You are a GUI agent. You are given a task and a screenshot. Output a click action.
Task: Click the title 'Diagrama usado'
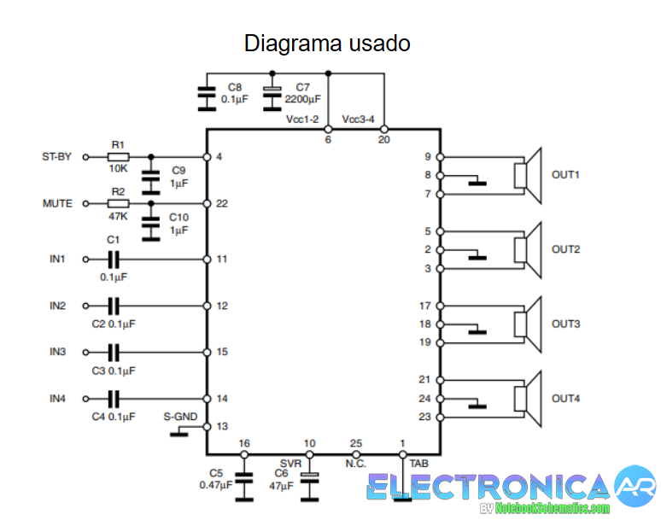[327, 43]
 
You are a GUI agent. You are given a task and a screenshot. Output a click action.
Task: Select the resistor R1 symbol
[118, 157]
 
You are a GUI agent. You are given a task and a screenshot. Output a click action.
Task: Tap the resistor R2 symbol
[118, 204]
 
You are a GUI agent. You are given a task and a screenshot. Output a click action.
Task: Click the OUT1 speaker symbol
[528, 175]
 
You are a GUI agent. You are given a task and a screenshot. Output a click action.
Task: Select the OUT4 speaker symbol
[528, 399]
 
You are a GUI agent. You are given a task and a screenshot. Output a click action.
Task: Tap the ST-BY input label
[57, 157]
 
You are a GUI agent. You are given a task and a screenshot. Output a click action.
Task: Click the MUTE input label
[57, 204]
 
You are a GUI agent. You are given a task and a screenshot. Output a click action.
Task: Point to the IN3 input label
[57, 352]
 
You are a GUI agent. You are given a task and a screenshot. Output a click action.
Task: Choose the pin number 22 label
[222, 204]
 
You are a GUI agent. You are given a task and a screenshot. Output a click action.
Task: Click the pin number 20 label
[383, 139]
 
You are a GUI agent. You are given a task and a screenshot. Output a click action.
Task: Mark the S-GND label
[180, 417]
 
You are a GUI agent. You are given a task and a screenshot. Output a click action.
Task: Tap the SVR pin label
[290, 464]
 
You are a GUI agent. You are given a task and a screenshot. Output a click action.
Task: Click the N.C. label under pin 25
[356, 464]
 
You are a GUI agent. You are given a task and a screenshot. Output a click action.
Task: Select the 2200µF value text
[302, 99]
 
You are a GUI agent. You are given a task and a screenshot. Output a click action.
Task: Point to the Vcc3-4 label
[358, 120]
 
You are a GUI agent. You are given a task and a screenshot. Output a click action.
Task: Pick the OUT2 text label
[565, 249]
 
